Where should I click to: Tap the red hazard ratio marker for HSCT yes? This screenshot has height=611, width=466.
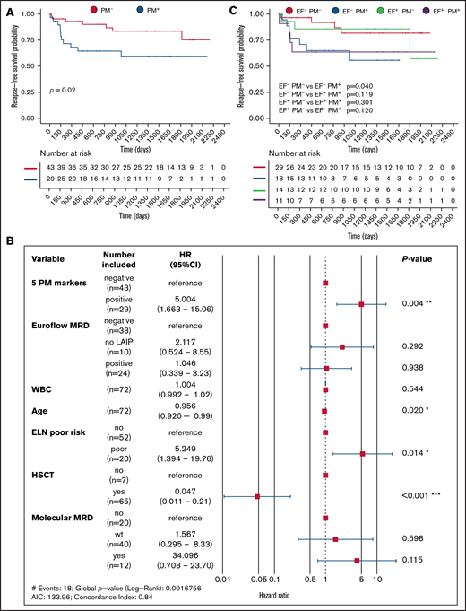[257, 495]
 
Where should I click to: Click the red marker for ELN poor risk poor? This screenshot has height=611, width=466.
[362, 454]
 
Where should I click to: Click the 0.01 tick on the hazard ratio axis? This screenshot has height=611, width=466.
[223, 579]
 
